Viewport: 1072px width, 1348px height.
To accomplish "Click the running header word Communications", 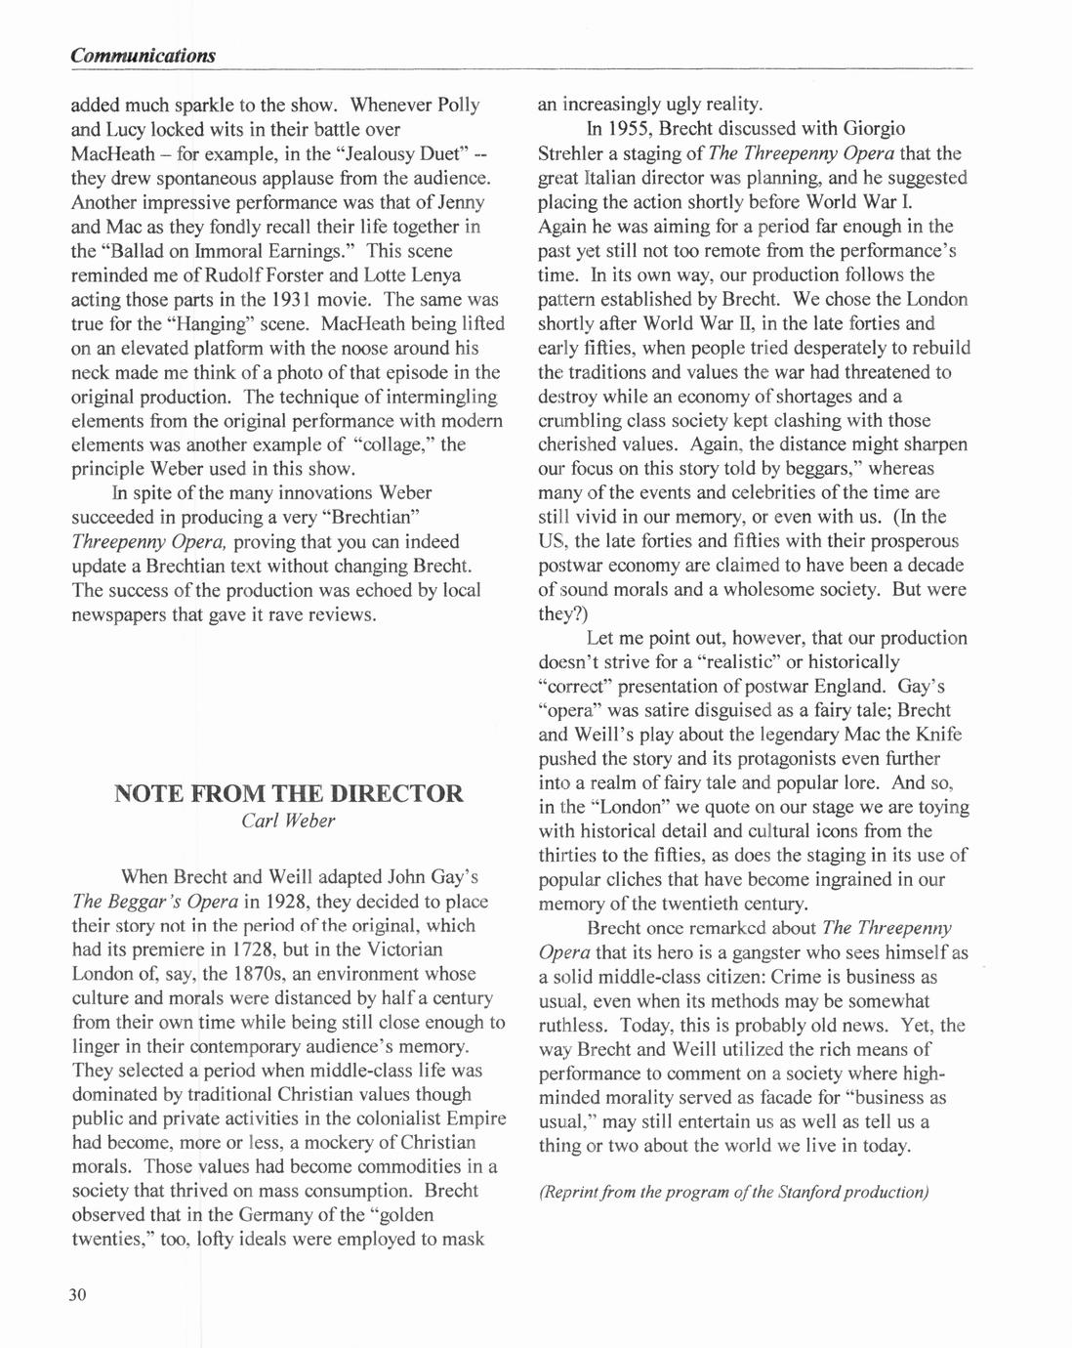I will pyautogui.click(x=143, y=56).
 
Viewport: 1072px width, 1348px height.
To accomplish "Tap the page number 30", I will pyautogui.click(x=78, y=1295).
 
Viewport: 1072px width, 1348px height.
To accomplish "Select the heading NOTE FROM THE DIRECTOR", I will pyautogui.click(x=289, y=792).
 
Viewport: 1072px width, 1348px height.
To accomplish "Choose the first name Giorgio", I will pyautogui.click(x=874, y=129).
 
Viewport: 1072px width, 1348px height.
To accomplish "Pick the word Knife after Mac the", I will pyautogui.click(x=937, y=735).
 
